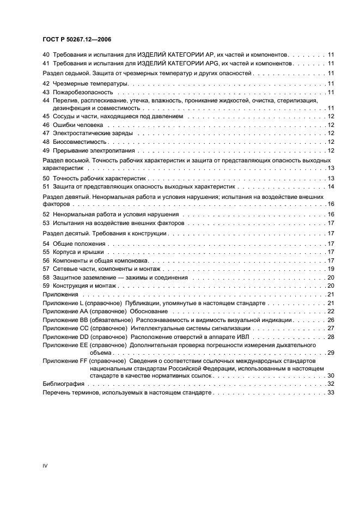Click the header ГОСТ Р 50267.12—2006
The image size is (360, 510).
click(x=77, y=39)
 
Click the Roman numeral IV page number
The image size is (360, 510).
click(x=45, y=466)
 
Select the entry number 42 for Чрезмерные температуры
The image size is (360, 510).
click(x=46, y=83)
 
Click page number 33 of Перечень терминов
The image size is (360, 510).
click(x=331, y=393)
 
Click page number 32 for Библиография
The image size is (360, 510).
click(x=331, y=384)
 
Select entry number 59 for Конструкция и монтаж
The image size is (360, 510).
click(x=46, y=286)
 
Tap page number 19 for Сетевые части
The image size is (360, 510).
click(x=331, y=269)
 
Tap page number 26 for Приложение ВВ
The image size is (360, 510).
click(x=331, y=320)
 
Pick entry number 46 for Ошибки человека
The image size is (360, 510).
click(x=46, y=125)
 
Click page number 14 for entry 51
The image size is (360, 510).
click(x=331, y=187)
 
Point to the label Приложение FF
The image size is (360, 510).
click(x=63, y=361)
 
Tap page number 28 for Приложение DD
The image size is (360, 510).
click(x=331, y=337)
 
